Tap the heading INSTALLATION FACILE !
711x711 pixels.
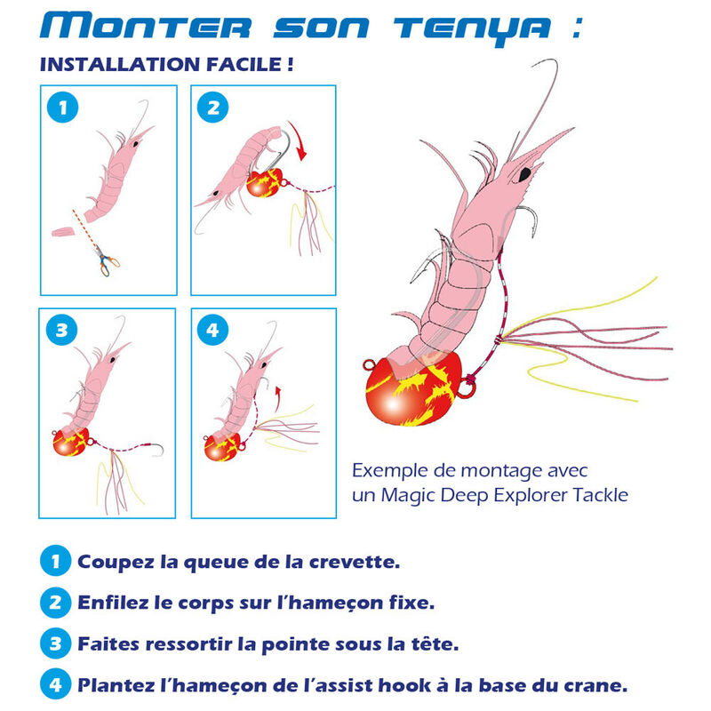(167, 66)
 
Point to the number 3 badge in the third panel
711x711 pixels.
(60, 331)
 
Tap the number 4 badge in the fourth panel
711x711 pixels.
(212, 331)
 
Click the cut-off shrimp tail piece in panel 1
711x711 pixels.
(63, 232)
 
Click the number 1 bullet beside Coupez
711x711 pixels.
(55, 562)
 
